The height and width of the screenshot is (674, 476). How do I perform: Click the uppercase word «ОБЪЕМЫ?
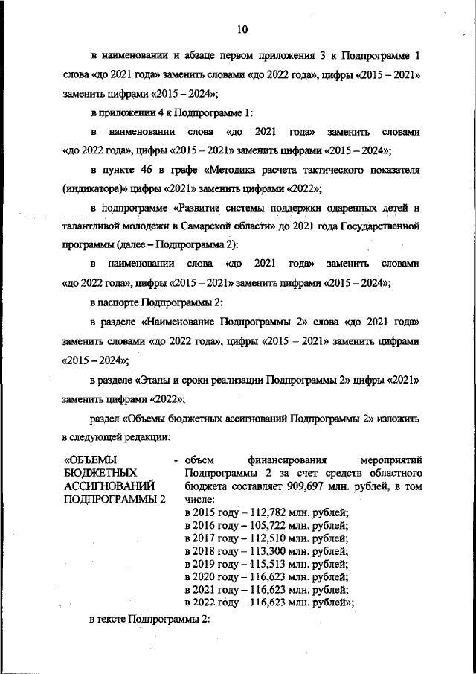pos(91,460)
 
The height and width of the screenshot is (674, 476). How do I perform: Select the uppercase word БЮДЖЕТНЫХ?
pos(101,473)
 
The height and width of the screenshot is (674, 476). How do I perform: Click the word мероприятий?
pos(390,460)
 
